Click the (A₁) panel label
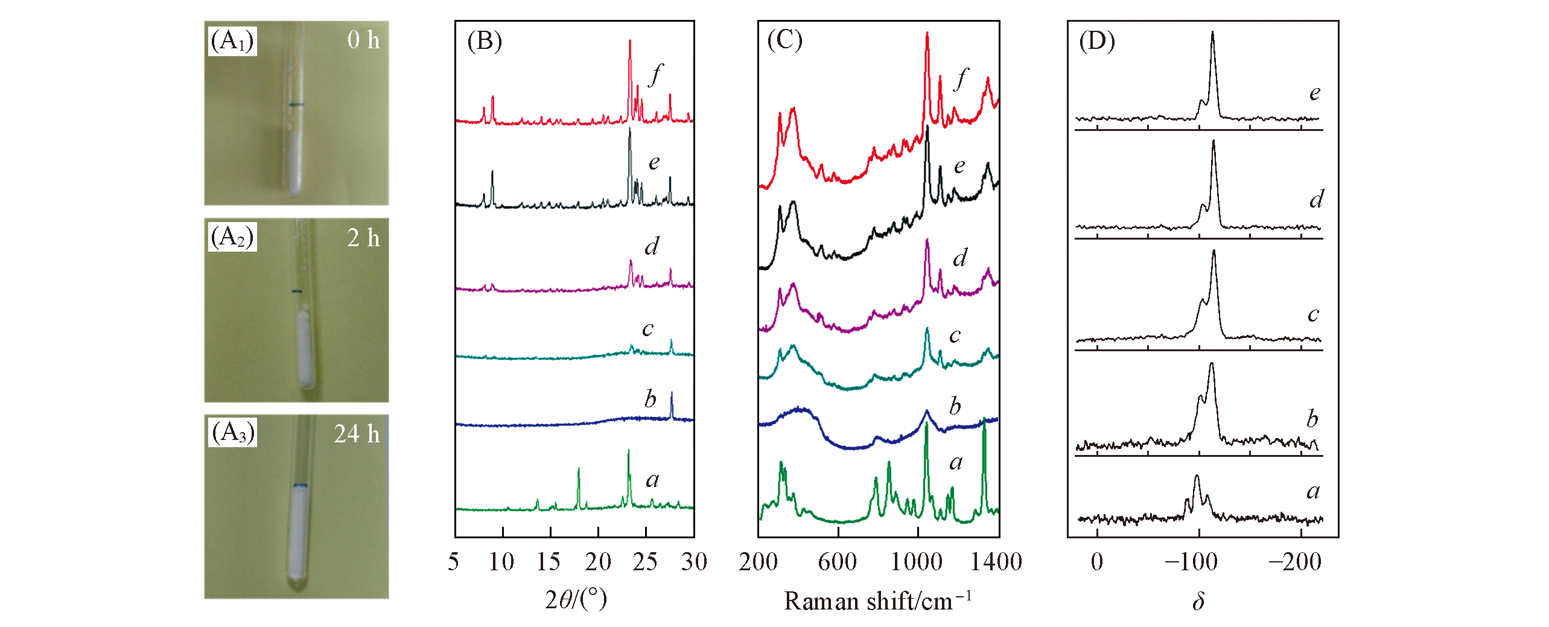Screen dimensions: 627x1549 click(232, 41)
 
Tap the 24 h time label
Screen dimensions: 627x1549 click(357, 434)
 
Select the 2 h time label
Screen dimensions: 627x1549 click(363, 238)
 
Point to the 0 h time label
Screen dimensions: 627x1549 click(363, 40)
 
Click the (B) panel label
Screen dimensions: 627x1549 click(484, 41)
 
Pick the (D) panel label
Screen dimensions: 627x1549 click(1097, 41)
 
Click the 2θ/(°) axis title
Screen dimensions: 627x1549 click(576, 600)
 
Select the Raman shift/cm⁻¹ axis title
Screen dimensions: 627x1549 click(877, 601)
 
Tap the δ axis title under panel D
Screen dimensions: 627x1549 click(1198, 601)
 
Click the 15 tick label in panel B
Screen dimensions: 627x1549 click(549, 562)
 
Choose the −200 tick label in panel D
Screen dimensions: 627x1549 click(1295, 562)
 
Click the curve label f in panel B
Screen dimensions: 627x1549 click(655, 75)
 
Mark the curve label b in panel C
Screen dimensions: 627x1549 click(955, 407)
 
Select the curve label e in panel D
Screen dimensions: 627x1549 click(1315, 93)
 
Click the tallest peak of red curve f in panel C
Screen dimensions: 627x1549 click(927, 34)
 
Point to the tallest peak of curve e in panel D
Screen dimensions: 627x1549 click(1212, 34)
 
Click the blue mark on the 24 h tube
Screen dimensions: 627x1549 click(300, 486)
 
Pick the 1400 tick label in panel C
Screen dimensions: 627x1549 click(996, 562)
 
